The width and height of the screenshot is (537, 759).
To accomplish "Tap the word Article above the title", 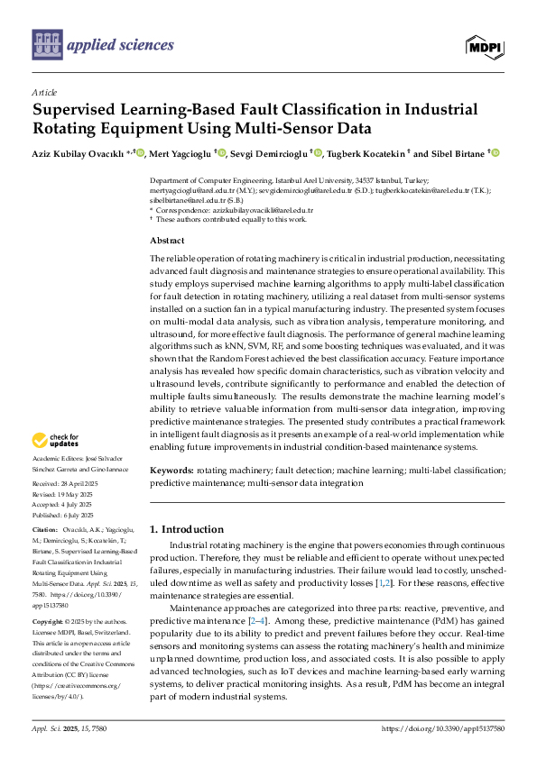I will pos(43,93).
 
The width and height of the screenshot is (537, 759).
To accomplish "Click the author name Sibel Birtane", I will pos(454,154).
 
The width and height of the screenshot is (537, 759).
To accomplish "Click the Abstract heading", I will pos(167,241).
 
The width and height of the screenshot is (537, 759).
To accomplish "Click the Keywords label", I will pos(171,471).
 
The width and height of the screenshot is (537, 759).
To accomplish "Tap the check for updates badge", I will pos(58,441).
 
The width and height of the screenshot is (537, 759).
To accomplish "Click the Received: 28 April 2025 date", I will pos(64,484).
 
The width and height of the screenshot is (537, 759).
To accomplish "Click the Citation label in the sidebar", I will pos(44,528).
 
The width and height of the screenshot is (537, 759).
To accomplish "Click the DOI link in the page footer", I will pos(443,728).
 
